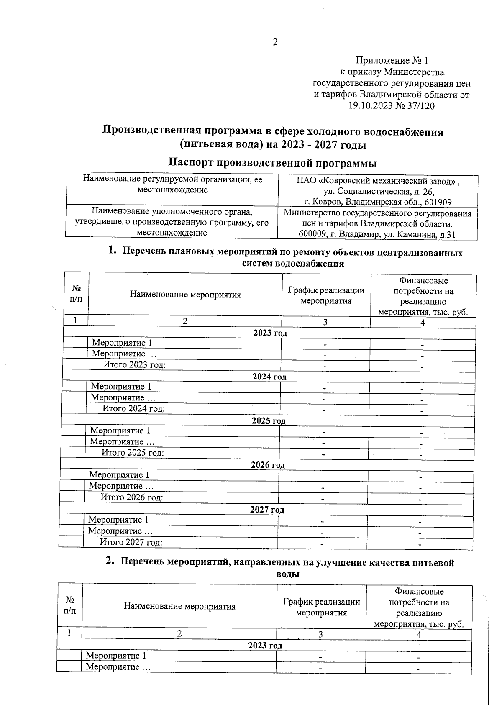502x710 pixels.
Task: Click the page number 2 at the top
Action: (275, 42)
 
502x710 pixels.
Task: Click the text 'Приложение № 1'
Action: (392, 61)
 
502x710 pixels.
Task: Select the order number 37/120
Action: (420, 106)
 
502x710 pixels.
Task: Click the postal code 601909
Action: (437, 202)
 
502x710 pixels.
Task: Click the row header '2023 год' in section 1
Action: (270, 333)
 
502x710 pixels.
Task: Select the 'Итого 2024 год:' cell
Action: (133, 408)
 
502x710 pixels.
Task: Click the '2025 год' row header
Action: (268, 420)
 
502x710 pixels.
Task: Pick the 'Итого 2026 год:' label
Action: (131, 497)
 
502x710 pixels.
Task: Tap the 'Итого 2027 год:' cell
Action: (131, 542)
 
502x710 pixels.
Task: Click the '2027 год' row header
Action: (267, 510)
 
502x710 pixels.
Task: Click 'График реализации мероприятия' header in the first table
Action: (326, 295)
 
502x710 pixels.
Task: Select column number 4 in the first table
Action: (423, 322)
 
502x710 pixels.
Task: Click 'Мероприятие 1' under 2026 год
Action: (119, 475)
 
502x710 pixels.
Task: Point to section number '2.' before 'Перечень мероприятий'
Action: (110, 562)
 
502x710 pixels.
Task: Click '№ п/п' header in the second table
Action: (70, 605)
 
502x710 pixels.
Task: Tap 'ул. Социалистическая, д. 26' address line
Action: (379, 192)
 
